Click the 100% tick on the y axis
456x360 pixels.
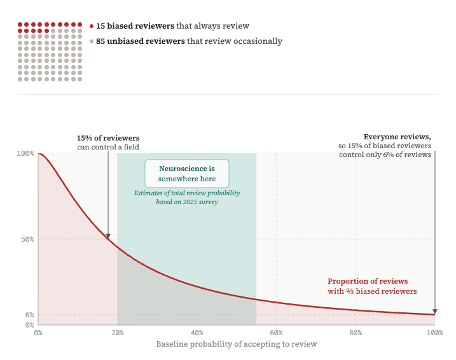[x=25, y=154]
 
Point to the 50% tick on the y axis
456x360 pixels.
[x=27, y=240]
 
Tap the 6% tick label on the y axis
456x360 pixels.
[x=29, y=315]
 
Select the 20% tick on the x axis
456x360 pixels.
[x=118, y=333]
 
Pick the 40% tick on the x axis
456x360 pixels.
[x=197, y=333]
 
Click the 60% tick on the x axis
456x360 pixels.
[x=277, y=333]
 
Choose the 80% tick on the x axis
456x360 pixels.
[x=356, y=333]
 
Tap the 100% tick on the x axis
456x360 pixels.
[x=435, y=333]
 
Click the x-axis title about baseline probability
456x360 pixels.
[x=236, y=344]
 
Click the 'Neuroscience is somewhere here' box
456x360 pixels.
[x=186, y=174]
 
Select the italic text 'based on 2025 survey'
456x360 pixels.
[x=187, y=202]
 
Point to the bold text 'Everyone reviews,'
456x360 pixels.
[x=397, y=137]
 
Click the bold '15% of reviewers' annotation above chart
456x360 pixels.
[x=108, y=138]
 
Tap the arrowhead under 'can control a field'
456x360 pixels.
[x=108, y=235]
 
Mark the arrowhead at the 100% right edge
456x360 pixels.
[x=435, y=311]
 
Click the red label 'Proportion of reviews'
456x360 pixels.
[x=368, y=281]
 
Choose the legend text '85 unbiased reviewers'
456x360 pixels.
[x=140, y=41]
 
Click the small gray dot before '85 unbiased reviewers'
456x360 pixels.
[x=92, y=42]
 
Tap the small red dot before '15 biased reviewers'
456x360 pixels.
[x=92, y=27]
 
